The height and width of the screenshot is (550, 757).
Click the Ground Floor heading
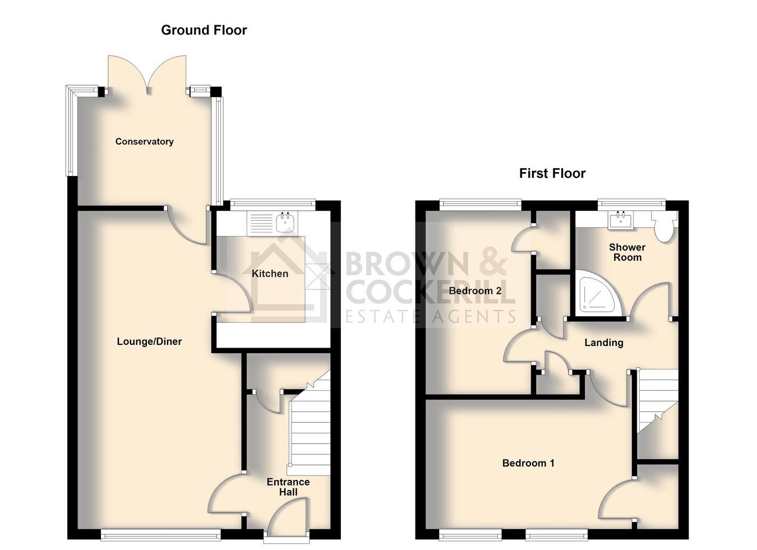(204, 30)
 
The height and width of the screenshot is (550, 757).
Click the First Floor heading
(552, 174)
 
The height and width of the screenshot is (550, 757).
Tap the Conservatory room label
(144, 141)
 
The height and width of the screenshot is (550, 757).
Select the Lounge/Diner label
(149, 341)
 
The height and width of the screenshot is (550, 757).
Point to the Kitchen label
(270, 274)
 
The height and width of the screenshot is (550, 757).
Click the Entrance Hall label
(288, 487)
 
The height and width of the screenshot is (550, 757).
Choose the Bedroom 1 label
(528, 463)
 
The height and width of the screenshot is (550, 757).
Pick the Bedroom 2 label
(475, 291)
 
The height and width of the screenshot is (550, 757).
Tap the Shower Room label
(627, 252)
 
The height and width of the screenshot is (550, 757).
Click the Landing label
(604, 343)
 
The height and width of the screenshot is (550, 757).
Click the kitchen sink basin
(285, 221)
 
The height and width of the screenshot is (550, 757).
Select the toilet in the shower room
(664, 226)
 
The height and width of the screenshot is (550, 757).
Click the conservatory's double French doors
(147, 75)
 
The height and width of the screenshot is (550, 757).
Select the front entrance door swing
(287, 518)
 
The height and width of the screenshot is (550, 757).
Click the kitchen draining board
(260, 223)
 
